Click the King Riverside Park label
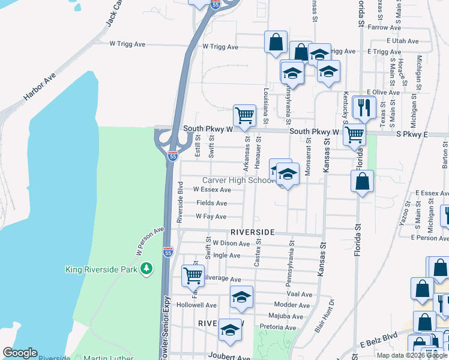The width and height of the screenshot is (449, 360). [x=101, y=270]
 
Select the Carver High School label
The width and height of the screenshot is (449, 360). [x=238, y=181]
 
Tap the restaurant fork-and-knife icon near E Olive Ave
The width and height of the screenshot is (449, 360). [x=364, y=107]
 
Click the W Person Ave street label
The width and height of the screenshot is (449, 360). [x=149, y=241]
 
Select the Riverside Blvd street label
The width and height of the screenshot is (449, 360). [x=179, y=203]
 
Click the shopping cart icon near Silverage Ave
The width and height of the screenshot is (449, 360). [x=193, y=275]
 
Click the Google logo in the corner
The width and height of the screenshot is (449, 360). [x=20, y=353]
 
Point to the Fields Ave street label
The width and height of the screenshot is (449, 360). [x=211, y=203]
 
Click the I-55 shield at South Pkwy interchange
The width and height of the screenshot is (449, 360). [x=172, y=156]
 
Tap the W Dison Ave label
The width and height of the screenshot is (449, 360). [x=231, y=244]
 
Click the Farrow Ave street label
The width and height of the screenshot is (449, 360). [x=384, y=28]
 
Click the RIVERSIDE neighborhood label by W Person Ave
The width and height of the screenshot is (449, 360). [x=252, y=232]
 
